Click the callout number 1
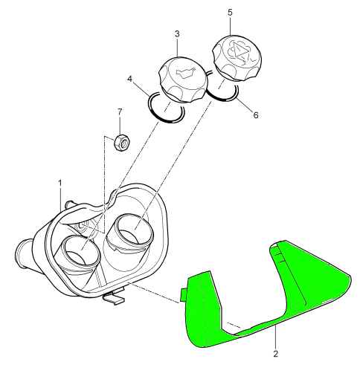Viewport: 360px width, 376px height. click(x=60, y=184)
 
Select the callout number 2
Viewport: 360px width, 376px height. click(x=276, y=354)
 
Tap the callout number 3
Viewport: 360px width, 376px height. click(x=177, y=33)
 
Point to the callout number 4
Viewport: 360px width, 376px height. click(x=129, y=79)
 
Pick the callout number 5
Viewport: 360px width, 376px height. click(x=231, y=13)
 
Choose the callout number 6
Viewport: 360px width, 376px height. click(x=256, y=115)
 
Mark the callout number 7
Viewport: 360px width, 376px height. click(x=120, y=112)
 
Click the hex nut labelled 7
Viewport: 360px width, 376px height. click(x=122, y=143)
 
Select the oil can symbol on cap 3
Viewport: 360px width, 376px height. click(x=186, y=72)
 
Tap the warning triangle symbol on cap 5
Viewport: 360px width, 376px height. click(x=239, y=51)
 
